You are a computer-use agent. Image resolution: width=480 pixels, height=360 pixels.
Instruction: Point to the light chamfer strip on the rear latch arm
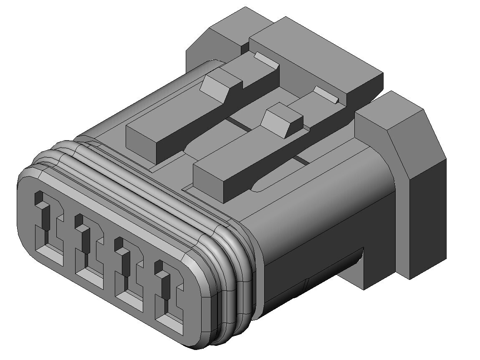point(267,60)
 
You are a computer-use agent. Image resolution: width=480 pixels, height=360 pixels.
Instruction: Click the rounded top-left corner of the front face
point(29,175)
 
